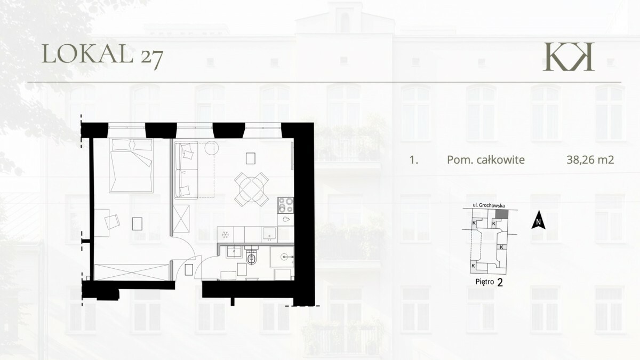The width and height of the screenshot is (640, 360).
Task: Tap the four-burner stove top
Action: pyautogui.click(x=286, y=205)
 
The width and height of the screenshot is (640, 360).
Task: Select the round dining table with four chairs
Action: pyautogui.click(x=251, y=189)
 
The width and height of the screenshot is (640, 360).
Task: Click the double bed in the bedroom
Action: pyautogui.click(x=131, y=165)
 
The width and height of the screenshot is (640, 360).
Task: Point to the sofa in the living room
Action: pyautogui.click(x=186, y=170)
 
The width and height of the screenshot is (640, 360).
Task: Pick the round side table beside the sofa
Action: pyautogui.click(x=211, y=148)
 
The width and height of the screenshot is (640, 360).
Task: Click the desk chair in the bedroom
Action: pyautogui.click(x=112, y=222)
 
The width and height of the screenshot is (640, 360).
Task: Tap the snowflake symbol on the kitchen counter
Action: pyautogui.click(x=226, y=235)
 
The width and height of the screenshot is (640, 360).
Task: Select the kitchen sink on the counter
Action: pyautogui.click(x=269, y=234)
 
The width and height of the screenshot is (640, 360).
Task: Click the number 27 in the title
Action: pyautogui.click(x=152, y=59)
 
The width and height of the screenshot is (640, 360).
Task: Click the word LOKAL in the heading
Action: pyautogui.click(x=87, y=54)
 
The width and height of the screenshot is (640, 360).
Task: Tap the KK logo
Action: pyautogui.click(x=569, y=57)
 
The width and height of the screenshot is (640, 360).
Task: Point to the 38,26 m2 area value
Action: pyautogui.click(x=590, y=159)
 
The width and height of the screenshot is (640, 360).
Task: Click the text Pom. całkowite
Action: pyautogui.click(x=486, y=159)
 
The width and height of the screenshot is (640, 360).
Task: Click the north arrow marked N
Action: pyautogui.click(x=538, y=220)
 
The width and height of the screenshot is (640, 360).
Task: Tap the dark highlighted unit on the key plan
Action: pyautogui.click(x=502, y=214)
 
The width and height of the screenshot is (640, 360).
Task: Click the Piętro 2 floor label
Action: pyautogui.click(x=489, y=282)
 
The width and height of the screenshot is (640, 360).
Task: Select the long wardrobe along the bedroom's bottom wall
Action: pyautogui.click(x=132, y=273)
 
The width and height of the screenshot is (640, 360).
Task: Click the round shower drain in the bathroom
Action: pyautogui.click(x=284, y=257)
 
